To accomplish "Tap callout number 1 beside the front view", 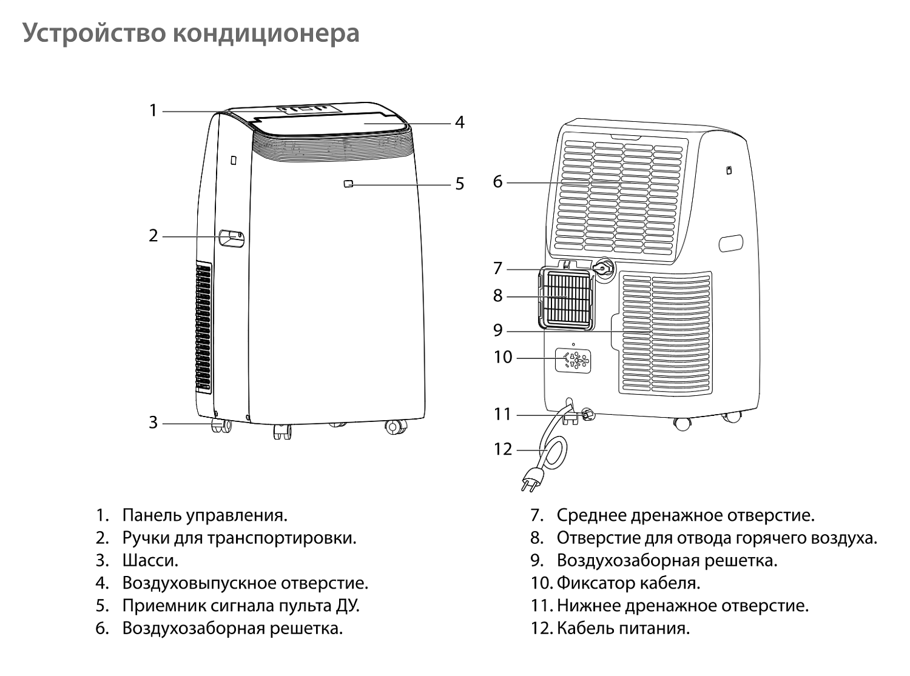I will [x=153, y=111].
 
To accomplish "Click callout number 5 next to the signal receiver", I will [x=460, y=184].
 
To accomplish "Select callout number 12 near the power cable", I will [x=503, y=449].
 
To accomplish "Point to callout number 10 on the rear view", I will [x=503, y=357].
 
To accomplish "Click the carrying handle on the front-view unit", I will [x=232, y=238].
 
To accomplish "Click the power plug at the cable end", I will [x=530, y=479].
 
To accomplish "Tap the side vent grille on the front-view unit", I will [x=204, y=327].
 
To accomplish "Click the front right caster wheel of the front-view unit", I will [x=395, y=427].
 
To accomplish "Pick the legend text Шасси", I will [x=150, y=560].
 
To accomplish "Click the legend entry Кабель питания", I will [x=623, y=628].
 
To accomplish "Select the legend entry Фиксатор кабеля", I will [x=628, y=583].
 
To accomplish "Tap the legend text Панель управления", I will [x=204, y=515].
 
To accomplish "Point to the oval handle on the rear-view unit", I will [x=730, y=243].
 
